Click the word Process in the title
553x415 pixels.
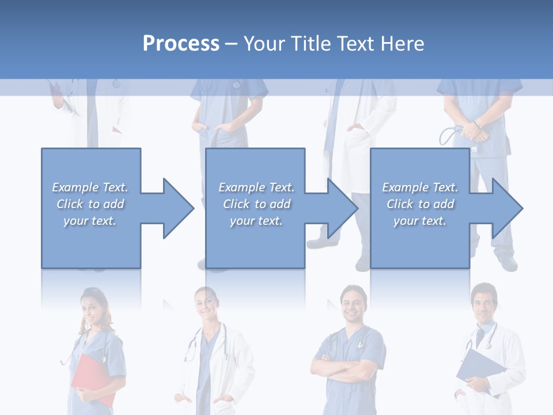181,44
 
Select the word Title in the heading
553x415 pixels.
313,44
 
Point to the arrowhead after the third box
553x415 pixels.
506,208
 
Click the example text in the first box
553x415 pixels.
90,204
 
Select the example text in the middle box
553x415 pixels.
256,204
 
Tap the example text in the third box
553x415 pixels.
420,204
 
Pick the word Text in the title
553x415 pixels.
354,44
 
